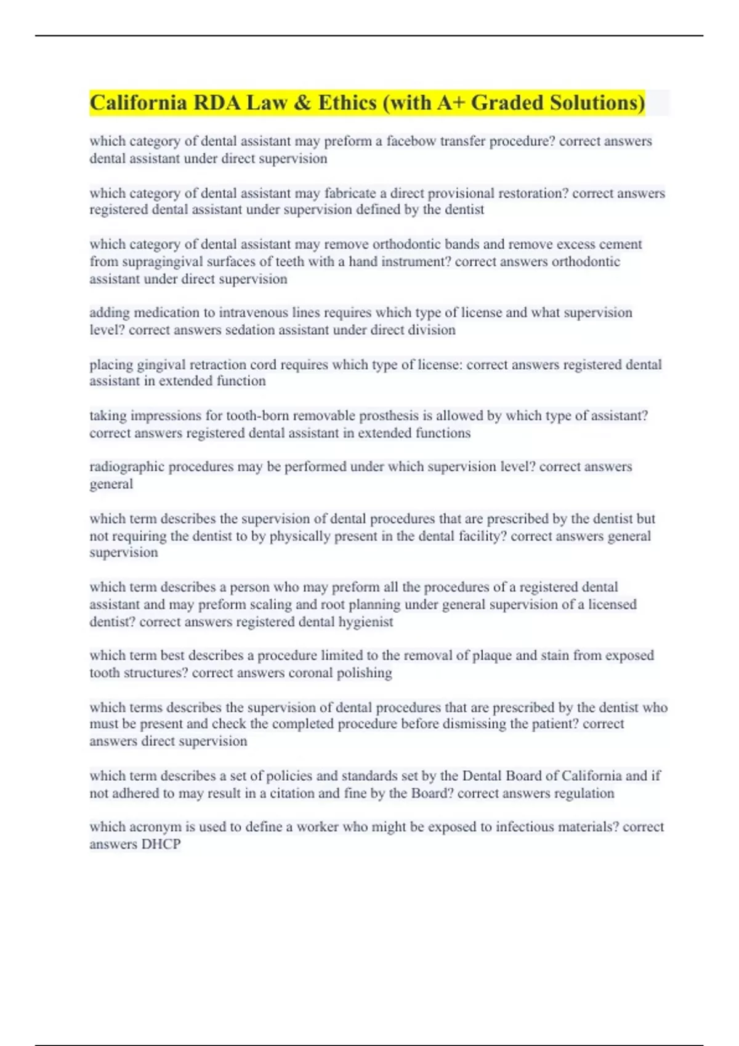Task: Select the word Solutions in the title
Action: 597,102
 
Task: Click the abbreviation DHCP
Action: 161,844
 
